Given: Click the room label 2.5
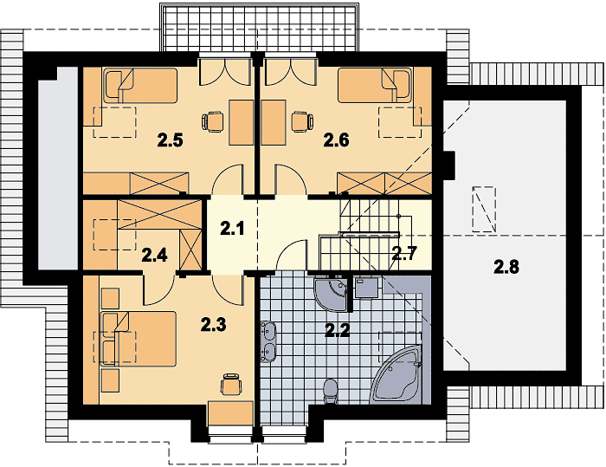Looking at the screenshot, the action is [170, 140].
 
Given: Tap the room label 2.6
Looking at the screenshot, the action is [336, 140].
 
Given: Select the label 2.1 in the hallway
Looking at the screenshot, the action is [232, 228].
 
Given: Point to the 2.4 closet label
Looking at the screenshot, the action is [155, 255].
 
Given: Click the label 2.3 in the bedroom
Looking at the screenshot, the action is [214, 325].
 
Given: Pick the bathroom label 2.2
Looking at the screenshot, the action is [338, 330].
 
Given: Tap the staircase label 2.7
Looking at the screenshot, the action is [404, 254].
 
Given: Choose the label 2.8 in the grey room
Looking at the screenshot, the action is [506, 267].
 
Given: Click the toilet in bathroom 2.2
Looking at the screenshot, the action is [330, 391].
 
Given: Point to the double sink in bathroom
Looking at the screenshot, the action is [268, 342].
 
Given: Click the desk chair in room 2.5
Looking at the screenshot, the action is [213, 121].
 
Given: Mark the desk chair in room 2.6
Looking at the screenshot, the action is [303, 121].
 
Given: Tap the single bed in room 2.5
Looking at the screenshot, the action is [140, 86].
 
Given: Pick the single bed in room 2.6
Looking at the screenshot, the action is [375, 86].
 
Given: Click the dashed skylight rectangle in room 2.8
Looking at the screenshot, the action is [484, 210].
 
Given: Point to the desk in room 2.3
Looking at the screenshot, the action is [230, 412].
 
